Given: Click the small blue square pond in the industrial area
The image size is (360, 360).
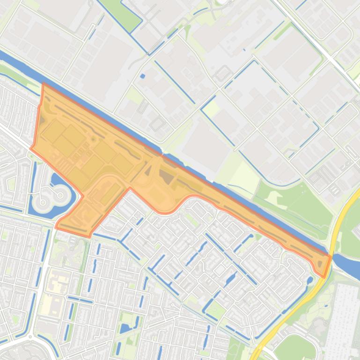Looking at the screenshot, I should (142, 76).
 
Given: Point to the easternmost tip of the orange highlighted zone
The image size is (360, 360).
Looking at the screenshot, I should (331, 257).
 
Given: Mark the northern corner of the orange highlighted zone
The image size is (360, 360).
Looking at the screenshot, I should (43, 84).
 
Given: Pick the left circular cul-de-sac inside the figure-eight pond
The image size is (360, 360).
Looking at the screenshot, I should (44, 202).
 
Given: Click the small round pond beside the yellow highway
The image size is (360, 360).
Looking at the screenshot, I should (309, 281).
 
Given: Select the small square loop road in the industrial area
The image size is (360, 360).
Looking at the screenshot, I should (223, 73).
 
